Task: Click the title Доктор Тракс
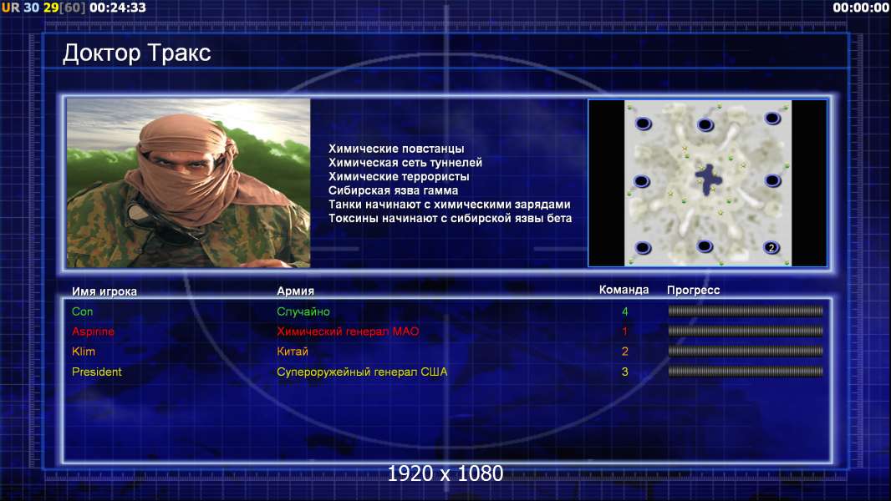click(x=136, y=53)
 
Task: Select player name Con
click(x=83, y=311)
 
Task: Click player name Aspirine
click(x=93, y=331)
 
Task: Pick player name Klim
click(x=84, y=352)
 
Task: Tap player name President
click(x=97, y=372)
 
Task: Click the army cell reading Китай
click(x=292, y=352)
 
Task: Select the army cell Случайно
click(x=303, y=311)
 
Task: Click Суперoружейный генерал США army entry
click(x=362, y=372)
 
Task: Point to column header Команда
click(x=624, y=290)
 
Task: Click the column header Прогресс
click(x=693, y=291)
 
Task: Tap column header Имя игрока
click(x=104, y=291)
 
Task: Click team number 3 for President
click(x=625, y=372)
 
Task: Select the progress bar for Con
click(x=746, y=311)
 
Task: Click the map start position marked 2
click(x=771, y=247)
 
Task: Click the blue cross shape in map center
click(x=708, y=180)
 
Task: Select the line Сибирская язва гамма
click(x=393, y=190)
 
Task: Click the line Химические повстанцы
click(x=396, y=149)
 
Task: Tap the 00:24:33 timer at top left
click(x=118, y=8)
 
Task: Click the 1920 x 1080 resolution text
click(x=445, y=473)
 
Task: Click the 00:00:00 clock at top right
click(x=861, y=8)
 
